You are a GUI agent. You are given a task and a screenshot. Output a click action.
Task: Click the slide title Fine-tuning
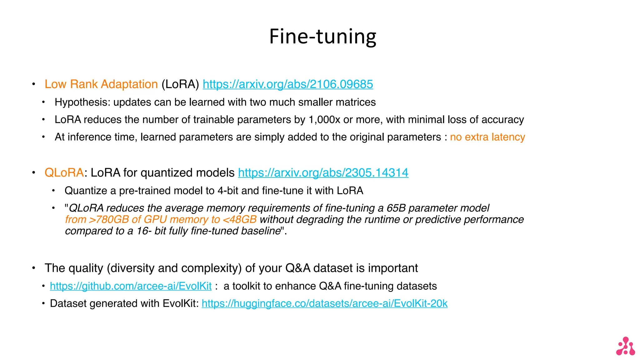pos(322,37)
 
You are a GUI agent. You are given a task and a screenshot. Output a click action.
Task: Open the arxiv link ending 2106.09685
pos(288,84)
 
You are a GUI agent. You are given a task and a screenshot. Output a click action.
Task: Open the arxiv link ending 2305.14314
pos(323,173)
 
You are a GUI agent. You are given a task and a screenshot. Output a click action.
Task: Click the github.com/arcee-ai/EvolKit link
pos(131,286)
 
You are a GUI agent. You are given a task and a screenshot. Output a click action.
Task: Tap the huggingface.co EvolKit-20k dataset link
pos(324,304)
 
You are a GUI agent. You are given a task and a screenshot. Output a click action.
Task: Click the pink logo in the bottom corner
pos(625,346)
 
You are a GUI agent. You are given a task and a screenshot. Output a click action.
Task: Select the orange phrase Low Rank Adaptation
pos(101,84)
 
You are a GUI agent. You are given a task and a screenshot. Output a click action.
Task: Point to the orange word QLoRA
pos(64,173)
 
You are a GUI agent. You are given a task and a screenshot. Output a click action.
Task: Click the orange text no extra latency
pos(487,137)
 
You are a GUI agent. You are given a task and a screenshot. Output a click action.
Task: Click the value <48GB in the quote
pos(240,220)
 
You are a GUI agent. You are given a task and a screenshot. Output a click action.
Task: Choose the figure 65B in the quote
pos(396,208)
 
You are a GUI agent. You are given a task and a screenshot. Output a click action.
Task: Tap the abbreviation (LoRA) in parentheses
pos(180,84)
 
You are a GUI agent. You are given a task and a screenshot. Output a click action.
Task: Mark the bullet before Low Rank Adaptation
pos(33,84)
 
